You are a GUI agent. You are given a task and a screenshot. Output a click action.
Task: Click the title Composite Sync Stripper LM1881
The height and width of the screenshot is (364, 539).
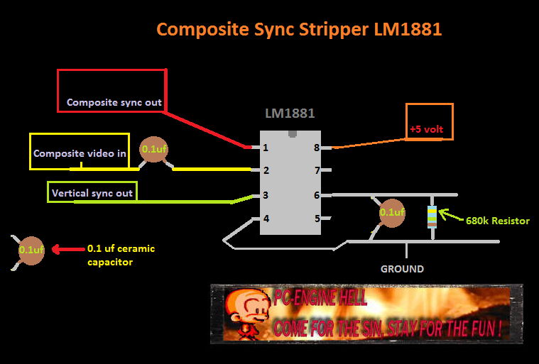tap(299, 30)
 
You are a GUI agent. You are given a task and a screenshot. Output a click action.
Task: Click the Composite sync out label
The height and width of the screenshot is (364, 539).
tap(114, 102)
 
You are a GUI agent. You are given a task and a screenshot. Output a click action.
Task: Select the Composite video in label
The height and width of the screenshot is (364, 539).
tap(80, 153)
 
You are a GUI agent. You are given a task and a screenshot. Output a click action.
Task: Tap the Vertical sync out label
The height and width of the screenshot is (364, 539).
tap(92, 193)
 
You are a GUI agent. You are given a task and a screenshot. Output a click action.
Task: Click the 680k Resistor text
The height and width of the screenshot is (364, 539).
tap(498, 221)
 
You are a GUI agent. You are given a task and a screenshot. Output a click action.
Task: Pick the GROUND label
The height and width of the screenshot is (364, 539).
tap(402, 269)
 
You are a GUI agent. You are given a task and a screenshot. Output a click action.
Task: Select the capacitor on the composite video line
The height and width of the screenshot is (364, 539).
tap(153, 150)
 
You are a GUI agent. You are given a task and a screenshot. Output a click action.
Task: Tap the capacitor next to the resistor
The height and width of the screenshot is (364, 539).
tap(391, 212)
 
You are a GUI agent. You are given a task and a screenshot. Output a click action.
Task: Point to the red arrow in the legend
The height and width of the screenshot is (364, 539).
tap(67, 249)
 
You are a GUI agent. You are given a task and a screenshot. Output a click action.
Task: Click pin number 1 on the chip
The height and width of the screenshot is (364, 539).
tap(265, 148)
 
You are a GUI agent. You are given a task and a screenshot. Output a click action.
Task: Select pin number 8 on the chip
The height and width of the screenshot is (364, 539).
tap(317, 148)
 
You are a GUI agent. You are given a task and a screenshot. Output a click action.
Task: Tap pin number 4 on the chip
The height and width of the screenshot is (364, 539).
tap(266, 219)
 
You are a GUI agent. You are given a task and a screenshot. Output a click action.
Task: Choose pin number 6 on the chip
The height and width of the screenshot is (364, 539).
tap(317, 195)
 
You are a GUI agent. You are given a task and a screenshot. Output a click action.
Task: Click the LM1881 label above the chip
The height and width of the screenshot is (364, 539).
tap(290, 114)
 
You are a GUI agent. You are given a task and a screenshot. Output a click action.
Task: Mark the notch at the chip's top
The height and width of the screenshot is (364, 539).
tap(292, 133)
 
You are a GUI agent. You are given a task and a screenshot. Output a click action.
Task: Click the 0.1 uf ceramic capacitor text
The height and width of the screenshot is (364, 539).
tap(121, 255)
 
